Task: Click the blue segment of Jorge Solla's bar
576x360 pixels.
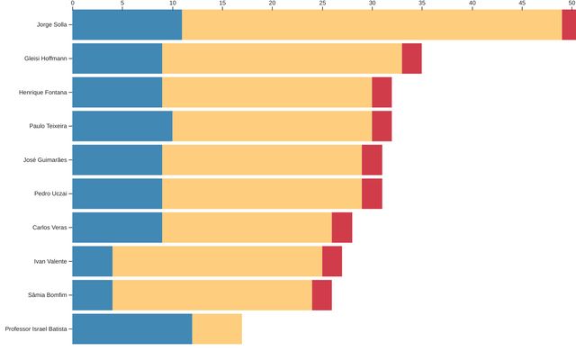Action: point(127,24)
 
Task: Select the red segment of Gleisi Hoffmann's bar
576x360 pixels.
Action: point(411,58)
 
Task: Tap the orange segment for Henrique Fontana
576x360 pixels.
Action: point(266,92)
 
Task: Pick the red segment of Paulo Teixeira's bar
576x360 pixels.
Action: point(382,126)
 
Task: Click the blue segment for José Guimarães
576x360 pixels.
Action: point(117,159)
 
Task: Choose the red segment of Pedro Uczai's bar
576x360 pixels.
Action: point(372,193)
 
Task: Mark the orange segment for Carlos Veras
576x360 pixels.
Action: point(247,227)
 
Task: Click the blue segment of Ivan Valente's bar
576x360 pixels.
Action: point(92,261)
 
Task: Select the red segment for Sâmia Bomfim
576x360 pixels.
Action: point(321,294)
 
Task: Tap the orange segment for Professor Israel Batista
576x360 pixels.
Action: point(217,328)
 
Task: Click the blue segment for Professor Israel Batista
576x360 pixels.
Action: point(131,328)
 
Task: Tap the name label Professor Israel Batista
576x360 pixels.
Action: point(35,328)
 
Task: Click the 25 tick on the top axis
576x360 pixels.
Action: point(322,4)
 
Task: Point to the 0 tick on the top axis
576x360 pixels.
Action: point(72,4)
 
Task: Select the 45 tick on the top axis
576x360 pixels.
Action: point(522,4)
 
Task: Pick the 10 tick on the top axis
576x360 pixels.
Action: point(172,4)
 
